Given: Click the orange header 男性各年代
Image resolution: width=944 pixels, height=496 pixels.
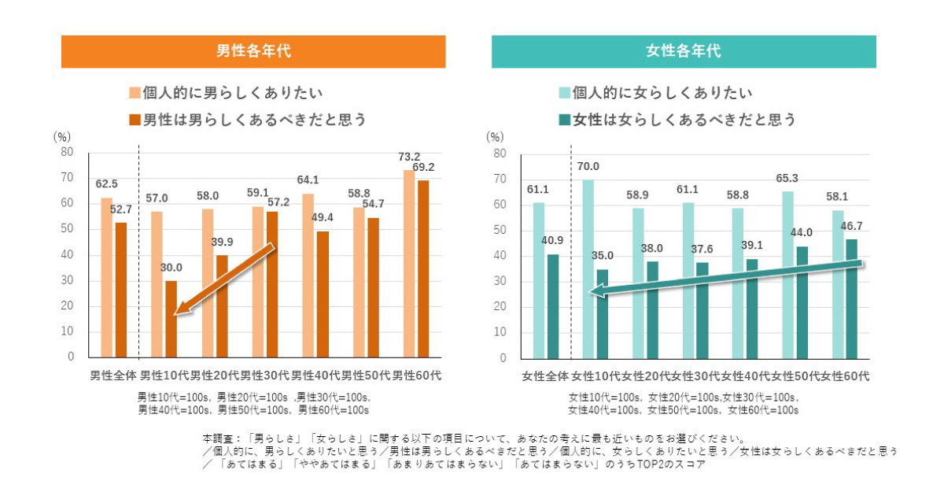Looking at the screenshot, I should [x=253, y=52].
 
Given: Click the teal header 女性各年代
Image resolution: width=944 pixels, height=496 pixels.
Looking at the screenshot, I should [x=684, y=52].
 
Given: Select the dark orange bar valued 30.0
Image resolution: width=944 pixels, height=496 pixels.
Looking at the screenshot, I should [x=171, y=319].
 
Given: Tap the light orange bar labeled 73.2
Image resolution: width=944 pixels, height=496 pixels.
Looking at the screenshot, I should [x=409, y=264].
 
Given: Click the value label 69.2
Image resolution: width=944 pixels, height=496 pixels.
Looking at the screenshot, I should [x=424, y=167].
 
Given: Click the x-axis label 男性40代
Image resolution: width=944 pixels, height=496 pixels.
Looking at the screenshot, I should [x=315, y=376].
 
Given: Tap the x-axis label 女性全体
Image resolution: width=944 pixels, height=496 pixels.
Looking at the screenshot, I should [x=544, y=376].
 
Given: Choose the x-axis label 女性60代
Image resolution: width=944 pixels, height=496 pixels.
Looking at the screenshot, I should [x=846, y=376].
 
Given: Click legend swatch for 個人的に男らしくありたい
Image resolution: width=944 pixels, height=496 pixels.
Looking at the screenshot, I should [x=135, y=94].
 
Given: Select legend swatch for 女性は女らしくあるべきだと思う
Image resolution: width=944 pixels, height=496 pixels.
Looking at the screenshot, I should [x=565, y=120].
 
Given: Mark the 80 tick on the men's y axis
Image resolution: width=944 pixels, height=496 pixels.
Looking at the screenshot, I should [x=68, y=152].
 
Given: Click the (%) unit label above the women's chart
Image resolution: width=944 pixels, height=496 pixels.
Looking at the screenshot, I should [x=495, y=136].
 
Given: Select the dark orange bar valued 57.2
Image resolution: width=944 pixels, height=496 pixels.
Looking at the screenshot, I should [x=272, y=284].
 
